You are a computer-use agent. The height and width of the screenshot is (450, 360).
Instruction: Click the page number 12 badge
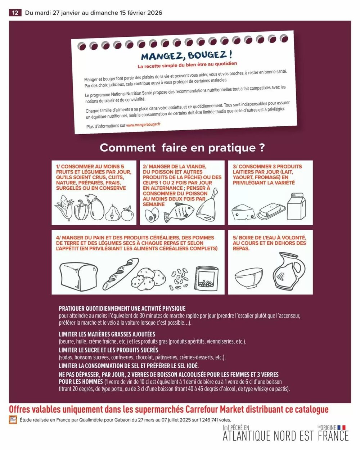(15, 13)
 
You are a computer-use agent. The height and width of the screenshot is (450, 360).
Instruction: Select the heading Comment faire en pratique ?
(182, 148)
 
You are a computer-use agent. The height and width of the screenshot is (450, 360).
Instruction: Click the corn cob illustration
(63, 208)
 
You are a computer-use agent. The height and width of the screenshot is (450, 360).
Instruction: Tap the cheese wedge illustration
(243, 212)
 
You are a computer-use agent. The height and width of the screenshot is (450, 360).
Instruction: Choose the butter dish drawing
(271, 211)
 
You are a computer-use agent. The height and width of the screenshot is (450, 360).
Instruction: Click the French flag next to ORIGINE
(341, 427)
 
